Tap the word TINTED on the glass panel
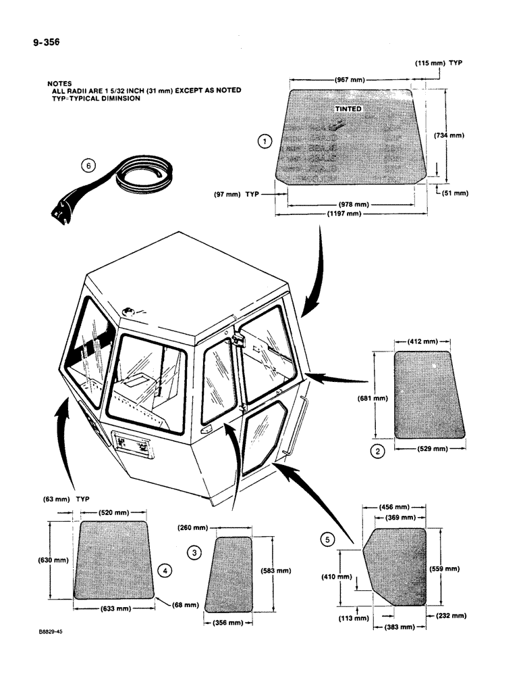tap(348, 109)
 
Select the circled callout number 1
tap(265, 141)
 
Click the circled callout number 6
tap(86, 165)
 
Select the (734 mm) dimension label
tap(447, 135)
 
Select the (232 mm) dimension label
tap(449, 615)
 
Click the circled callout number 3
tap(195, 553)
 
